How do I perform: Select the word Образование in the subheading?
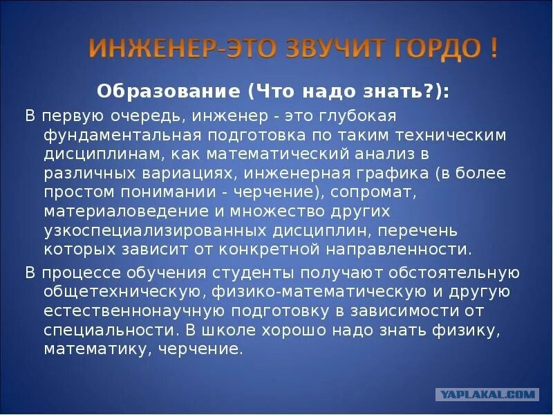[x=169, y=92]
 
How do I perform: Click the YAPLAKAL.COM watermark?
[x=487, y=394]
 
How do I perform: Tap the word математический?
[x=279, y=154]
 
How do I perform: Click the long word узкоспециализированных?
[x=155, y=231]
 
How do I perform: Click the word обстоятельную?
[x=454, y=273]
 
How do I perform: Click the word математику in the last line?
[x=98, y=350]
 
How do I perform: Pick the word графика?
[x=393, y=174]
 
